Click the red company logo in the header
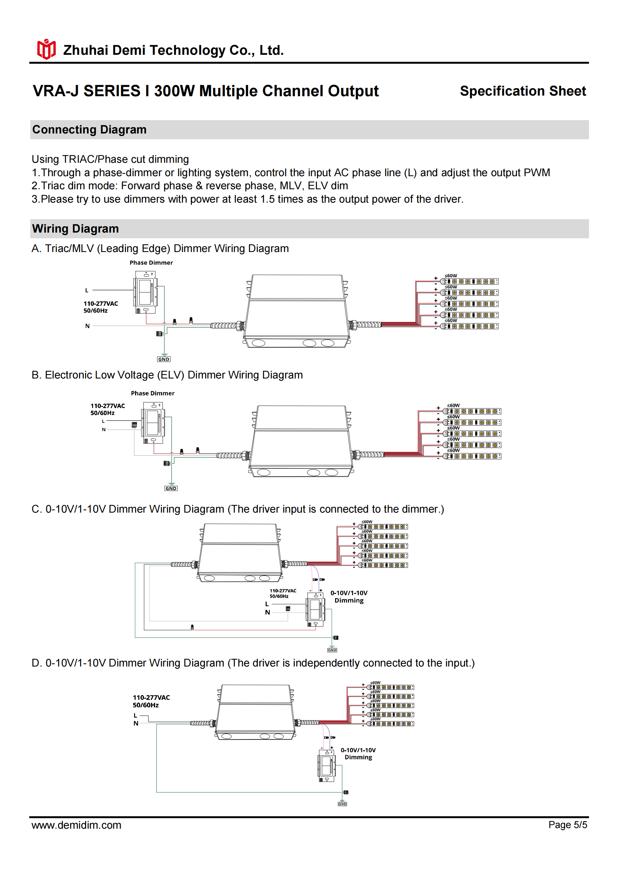[x=46, y=49]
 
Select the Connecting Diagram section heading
[x=89, y=130]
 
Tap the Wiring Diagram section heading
[x=75, y=228]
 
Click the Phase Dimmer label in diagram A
[x=151, y=263]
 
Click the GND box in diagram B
[x=171, y=488]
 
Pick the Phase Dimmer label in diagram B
[x=153, y=393]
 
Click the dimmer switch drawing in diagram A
[x=146, y=292]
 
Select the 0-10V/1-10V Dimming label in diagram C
[x=349, y=596]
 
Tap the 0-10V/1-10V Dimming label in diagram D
[x=358, y=753]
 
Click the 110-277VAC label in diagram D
[x=151, y=697]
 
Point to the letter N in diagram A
[x=87, y=326]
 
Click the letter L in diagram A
[x=87, y=291]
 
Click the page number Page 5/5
[x=567, y=825]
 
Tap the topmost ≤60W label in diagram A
[x=451, y=276]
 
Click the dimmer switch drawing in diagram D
[x=326, y=766]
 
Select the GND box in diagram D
[x=342, y=804]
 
